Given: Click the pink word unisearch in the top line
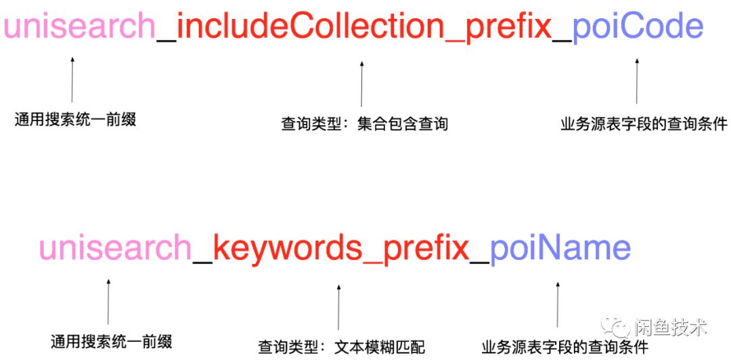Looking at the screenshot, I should (x=80, y=27).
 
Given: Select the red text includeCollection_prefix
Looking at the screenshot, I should (x=364, y=27).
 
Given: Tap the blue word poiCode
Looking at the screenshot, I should (x=638, y=27).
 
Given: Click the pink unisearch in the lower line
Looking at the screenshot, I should (x=115, y=248).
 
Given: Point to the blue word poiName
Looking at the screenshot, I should (x=560, y=248).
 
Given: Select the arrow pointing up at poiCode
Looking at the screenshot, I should (x=636, y=81).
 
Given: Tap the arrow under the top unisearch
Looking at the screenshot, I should (x=72, y=80).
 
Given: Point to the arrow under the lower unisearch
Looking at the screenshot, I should (x=108, y=301).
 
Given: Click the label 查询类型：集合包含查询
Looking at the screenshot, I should (x=365, y=125).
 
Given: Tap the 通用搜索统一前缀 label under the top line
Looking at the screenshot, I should (x=75, y=120).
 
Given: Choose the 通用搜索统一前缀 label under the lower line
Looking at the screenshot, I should (x=112, y=341).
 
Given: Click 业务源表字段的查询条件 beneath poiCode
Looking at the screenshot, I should (x=644, y=125).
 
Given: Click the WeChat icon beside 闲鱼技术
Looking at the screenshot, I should (x=617, y=328).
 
